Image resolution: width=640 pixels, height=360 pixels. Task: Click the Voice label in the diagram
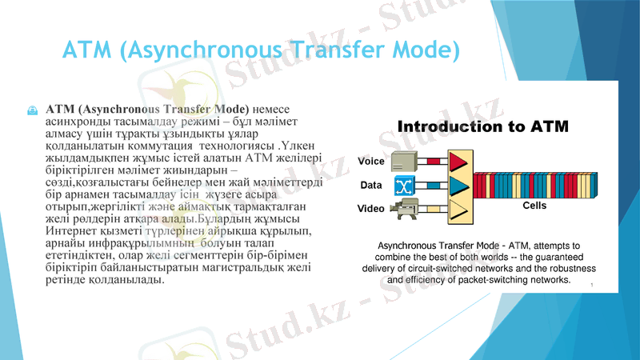point(371,162)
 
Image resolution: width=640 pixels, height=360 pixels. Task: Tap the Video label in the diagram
point(371,209)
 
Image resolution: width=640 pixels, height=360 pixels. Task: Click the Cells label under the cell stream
point(534,206)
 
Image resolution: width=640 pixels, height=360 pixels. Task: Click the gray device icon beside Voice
point(404,161)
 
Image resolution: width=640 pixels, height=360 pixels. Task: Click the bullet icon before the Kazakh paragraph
point(33,108)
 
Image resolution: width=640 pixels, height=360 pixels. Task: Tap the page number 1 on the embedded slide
point(590,285)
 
